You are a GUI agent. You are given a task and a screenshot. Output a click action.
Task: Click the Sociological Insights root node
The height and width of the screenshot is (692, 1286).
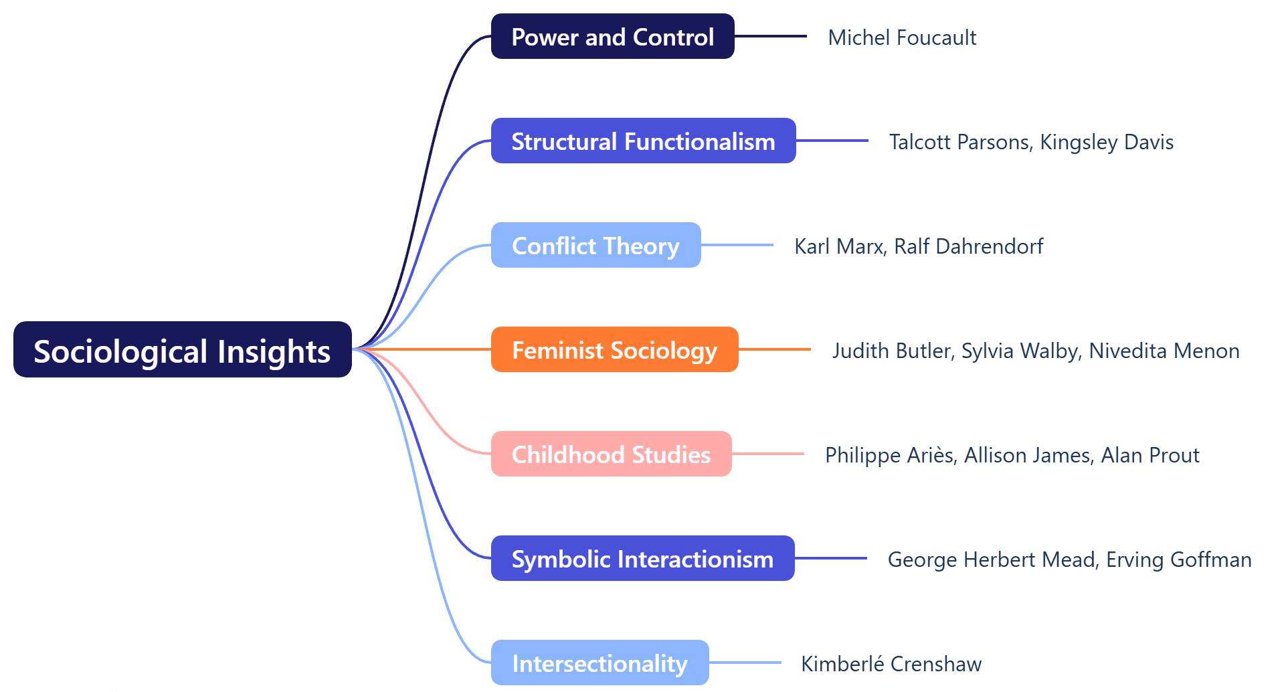click(x=182, y=350)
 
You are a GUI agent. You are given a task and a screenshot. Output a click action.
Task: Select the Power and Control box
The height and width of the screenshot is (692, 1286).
click(x=612, y=37)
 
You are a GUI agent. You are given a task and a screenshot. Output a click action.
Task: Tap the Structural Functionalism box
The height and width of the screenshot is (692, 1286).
click(x=643, y=141)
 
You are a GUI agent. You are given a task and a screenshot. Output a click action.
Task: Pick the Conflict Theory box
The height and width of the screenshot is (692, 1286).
click(x=595, y=246)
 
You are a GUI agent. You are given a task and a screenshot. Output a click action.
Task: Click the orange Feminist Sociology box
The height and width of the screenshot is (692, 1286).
click(x=614, y=350)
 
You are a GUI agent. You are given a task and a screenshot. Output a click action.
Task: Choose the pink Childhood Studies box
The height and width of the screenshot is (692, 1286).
click(x=611, y=454)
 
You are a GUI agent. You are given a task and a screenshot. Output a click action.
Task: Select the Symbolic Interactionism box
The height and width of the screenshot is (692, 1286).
click(x=642, y=559)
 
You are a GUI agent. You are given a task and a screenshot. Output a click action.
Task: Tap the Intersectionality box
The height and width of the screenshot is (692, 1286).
click(x=600, y=663)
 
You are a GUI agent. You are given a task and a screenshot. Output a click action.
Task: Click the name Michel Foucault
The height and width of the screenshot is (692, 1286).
click(x=902, y=37)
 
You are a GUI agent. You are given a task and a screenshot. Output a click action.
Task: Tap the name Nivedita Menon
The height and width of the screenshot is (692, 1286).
click(x=1164, y=351)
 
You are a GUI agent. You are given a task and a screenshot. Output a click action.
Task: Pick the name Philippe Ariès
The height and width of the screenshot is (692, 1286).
click(x=890, y=455)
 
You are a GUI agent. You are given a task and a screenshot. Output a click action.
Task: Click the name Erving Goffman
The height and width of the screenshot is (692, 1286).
click(x=1178, y=559)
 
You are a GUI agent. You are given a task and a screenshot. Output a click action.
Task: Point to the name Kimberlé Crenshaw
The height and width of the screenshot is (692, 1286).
click(x=891, y=664)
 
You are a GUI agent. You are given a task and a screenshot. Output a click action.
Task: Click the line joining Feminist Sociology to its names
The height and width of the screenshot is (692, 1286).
click(x=774, y=349)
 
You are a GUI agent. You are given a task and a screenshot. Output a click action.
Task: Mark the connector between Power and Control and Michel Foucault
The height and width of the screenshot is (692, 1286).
click(x=770, y=36)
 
